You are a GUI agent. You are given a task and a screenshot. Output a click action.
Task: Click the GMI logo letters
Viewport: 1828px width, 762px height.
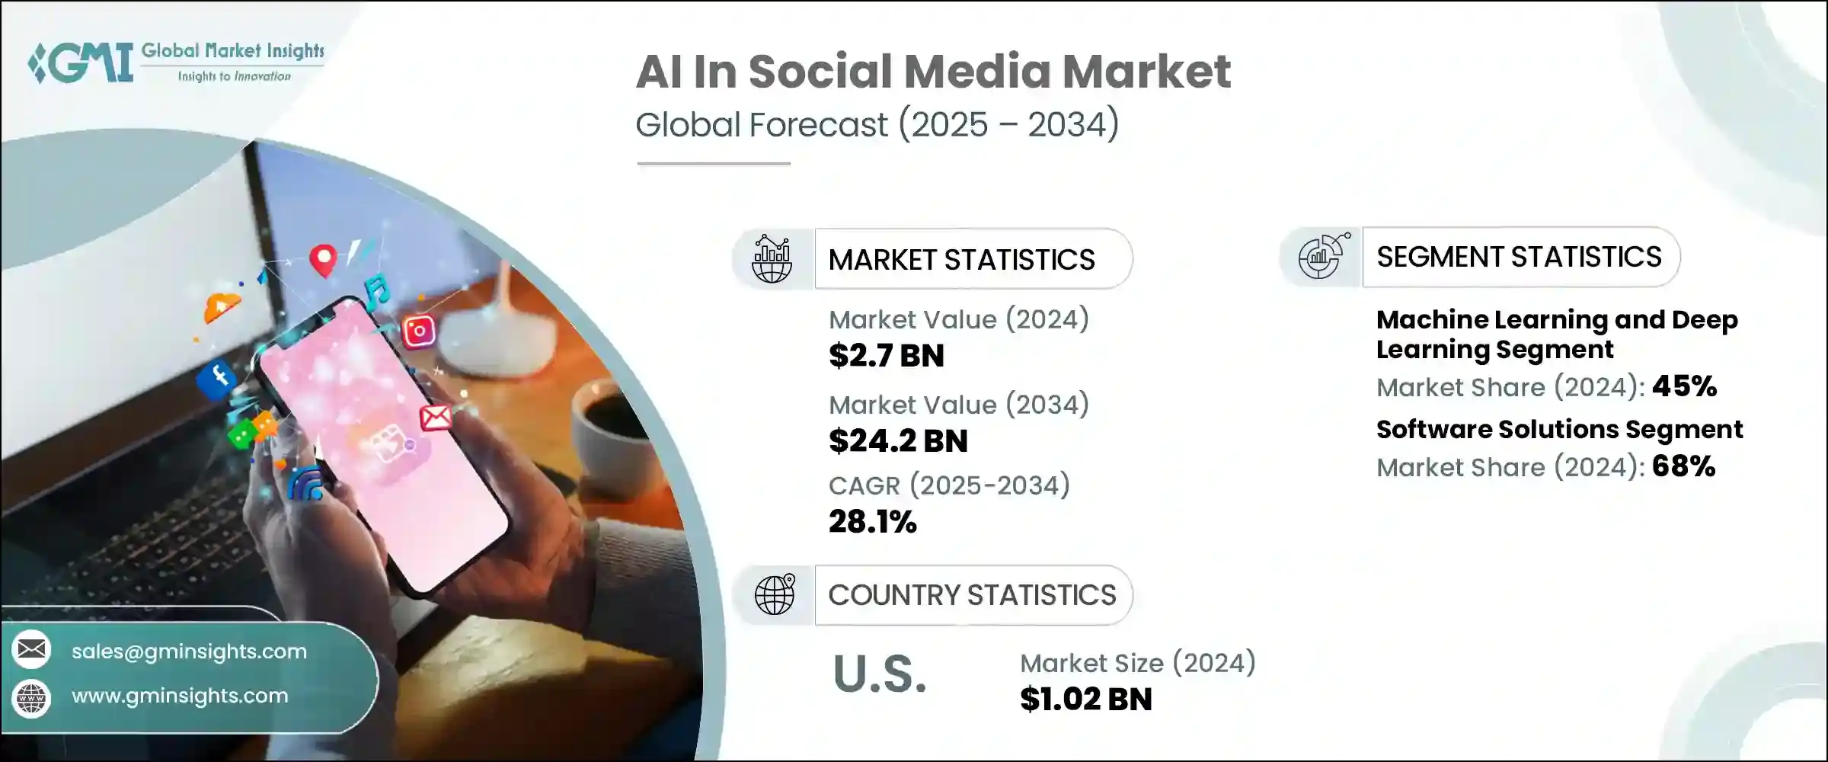82,62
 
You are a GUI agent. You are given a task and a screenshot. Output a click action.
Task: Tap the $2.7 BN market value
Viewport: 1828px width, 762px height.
886,356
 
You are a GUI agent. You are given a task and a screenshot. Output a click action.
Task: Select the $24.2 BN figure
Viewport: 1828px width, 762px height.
898,441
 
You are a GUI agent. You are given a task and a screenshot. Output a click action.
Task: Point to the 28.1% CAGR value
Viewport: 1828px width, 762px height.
872,522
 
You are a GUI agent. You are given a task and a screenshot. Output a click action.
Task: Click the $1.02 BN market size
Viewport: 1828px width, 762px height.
1085,700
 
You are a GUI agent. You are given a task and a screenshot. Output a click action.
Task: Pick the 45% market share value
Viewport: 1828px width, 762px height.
1684,387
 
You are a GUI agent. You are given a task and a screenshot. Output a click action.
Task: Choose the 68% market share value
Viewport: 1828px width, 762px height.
1683,466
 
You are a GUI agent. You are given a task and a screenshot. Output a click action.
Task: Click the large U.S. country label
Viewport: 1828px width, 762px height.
880,674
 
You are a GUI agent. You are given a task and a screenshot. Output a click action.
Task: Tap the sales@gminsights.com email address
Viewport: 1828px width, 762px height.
189,652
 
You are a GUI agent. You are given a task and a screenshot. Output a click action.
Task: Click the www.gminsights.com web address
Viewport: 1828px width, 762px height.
180,696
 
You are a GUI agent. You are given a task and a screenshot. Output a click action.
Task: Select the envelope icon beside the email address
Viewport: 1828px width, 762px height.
31,650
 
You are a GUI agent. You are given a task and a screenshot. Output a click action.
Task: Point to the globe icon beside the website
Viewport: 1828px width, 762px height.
31,698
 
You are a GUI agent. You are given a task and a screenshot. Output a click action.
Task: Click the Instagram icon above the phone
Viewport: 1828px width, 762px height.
418,331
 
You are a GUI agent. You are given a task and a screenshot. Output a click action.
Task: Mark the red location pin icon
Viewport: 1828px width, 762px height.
323,260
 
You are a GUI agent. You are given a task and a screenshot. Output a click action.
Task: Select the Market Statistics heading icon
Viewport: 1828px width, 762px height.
772,260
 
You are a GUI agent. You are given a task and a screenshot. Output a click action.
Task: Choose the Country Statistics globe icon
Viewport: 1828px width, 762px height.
774,595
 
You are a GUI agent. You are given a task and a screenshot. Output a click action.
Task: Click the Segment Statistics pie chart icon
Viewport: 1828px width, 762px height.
1321,257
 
